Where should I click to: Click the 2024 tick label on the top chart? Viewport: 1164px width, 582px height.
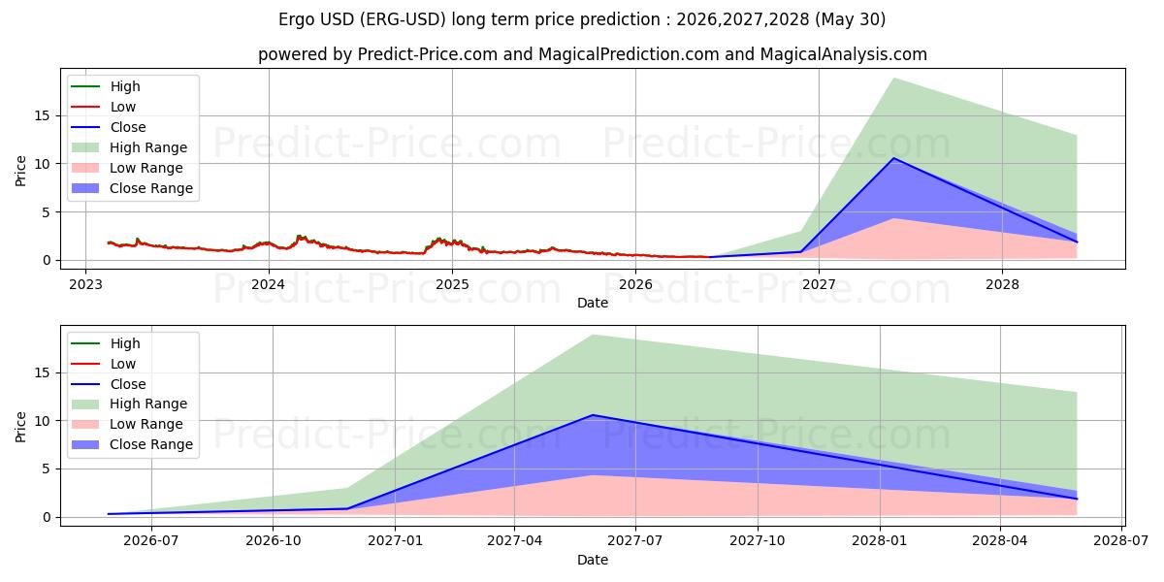point(269,285)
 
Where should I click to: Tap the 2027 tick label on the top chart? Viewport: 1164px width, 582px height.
point(819,285)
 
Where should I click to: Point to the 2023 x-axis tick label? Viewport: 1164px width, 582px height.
point(85,285)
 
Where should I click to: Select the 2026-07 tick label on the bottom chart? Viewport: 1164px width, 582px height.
point(151,541)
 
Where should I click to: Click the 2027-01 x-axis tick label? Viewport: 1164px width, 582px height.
point(395,541)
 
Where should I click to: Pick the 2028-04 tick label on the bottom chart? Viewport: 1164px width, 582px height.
point(1000,541)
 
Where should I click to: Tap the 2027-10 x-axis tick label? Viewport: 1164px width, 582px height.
point(758,541)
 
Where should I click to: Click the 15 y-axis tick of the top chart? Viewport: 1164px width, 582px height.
point(43,115)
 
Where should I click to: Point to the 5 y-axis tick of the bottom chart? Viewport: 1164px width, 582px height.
point(47,469)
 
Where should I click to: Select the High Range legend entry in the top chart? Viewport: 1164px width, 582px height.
point(129,147)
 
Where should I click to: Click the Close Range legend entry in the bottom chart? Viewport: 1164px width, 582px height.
point(132,444)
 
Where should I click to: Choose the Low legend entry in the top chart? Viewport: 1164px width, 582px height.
point(104,107)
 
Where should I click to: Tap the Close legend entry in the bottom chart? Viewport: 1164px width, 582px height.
point(109,384)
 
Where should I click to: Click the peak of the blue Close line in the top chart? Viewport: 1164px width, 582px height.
point(893,158)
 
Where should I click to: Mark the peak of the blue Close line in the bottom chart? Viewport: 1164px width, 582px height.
point(593,415)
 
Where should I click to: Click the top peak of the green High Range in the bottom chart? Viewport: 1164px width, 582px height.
point(593,336)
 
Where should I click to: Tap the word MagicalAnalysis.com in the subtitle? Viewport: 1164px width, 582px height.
point(843,54)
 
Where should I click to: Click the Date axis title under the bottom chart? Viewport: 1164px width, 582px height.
point(593,560)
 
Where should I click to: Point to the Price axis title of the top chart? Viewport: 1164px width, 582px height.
point(20,171)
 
